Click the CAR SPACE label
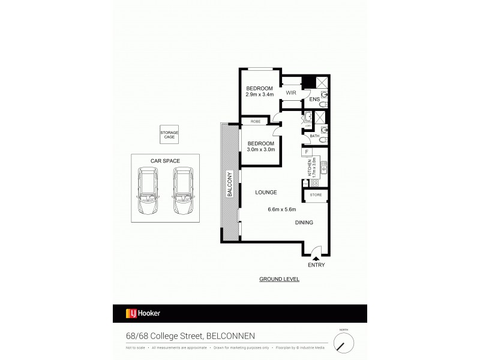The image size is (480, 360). click(x=165, y=161)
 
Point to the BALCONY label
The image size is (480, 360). click(x=229, y=184)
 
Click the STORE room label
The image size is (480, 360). click(x=316, y=195)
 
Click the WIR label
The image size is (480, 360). click(x=291, y=93)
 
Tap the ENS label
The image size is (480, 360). click(x=314, y=100)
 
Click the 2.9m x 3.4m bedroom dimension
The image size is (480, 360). click(x=259, y=94)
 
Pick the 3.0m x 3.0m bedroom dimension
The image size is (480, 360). click(x=260, y=149)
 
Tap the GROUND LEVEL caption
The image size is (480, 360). click(x=279, y=280)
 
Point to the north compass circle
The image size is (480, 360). click(x=344, y=343)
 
